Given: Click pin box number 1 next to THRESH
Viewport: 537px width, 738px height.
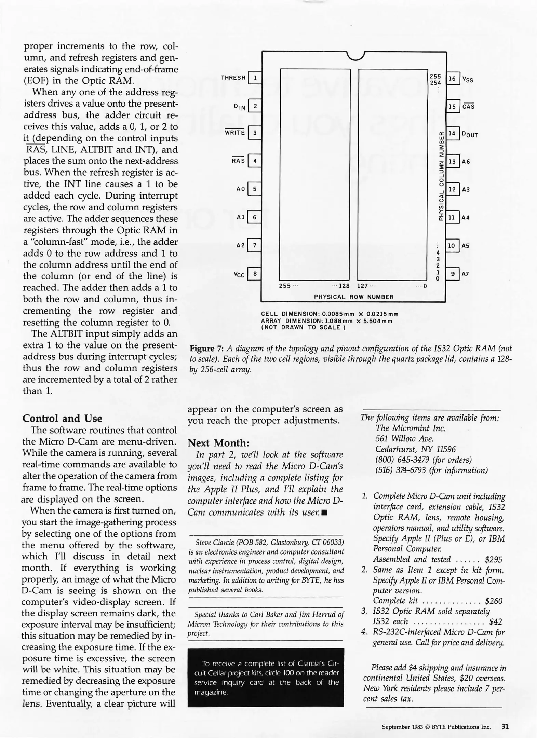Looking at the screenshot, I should pos(255,78).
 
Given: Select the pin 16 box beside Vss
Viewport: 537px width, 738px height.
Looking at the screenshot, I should pos(452,79).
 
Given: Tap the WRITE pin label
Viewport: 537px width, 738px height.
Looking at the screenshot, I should pos(234,133).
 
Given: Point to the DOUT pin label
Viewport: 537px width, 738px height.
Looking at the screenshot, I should pos(470,134).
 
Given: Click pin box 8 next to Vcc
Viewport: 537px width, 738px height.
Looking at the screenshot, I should pos(255,274).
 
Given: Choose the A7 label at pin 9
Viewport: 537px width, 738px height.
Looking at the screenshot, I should pos(465,274).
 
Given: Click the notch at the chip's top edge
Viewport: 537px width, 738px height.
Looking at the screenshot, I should pos(355,56).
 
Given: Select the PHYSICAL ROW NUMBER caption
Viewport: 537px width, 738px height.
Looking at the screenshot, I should pos(354,297).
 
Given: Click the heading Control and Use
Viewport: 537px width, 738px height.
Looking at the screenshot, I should pos(62,419).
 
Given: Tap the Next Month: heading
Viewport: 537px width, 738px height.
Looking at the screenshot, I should pos(218,443).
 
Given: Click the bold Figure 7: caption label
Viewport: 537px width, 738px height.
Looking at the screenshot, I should pos(206,348).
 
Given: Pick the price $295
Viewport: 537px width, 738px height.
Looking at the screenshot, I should pos(494,560).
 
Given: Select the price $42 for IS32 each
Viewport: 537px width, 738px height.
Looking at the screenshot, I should pos(496,621).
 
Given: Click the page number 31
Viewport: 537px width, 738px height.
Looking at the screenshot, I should pos(505,726).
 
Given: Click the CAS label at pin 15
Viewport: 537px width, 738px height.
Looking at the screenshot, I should pos(468,107).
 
